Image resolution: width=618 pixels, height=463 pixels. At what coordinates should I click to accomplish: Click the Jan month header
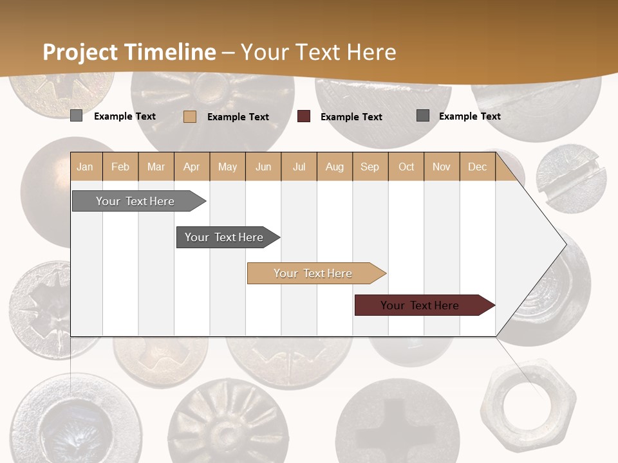(x=85, y=167)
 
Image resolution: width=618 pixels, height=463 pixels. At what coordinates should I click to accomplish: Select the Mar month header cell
(x=156, y=167)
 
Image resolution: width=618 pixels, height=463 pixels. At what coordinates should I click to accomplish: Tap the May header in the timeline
(x=227, y=167)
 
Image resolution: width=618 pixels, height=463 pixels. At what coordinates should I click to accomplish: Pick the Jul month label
(x=299, y=167)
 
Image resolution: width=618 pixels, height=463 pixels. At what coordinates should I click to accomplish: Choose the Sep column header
(x=370, y=167)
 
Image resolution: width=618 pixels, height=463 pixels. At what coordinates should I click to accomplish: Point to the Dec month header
(x=477, y=167)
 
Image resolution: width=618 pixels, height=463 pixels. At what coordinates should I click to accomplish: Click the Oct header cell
(x=406, y=167)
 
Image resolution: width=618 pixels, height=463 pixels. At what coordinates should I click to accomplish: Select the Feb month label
(x=120, y=167)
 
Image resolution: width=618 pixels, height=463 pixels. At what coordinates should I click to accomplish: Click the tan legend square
(x=190, y=116)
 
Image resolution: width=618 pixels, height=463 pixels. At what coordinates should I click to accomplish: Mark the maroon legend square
(x=304, y=116)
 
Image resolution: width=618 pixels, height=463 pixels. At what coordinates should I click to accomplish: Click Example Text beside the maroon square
(x=351, y=117)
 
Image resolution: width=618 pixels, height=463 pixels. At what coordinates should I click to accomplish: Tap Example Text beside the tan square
(x=238, y=117)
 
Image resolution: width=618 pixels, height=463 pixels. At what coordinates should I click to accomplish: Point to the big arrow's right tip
(x=565, y=244)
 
